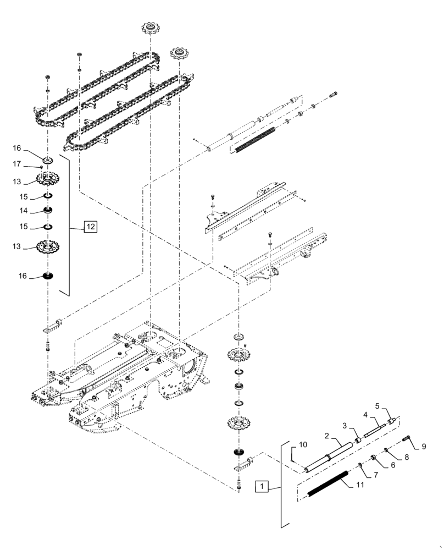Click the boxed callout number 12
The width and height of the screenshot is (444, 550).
(90, 226)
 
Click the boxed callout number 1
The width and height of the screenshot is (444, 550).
(263, 486)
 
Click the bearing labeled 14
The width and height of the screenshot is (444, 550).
(48, 211)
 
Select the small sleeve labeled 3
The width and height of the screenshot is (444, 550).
(358, 439)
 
